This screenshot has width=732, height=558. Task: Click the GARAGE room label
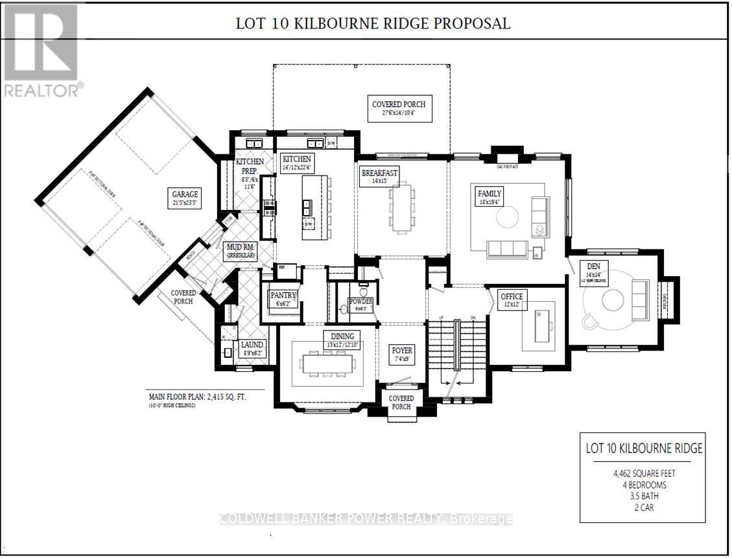[185, 194]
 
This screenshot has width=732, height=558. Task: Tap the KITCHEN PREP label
[250, 166]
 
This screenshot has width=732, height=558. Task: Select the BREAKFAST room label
[379, 172]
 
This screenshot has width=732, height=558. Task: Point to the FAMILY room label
[490, 194]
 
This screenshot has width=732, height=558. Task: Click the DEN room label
[593, 266]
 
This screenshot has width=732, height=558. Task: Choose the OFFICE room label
[512, 296]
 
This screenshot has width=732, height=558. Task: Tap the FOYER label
[402, 351]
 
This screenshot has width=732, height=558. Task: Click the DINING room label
[342, 336]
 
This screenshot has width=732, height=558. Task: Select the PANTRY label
[283, 296]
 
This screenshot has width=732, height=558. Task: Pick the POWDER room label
[360, 301]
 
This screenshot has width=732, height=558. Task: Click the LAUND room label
[252, 345]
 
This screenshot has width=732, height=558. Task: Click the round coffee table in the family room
[507, 216]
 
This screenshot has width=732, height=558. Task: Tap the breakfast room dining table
[401, 207]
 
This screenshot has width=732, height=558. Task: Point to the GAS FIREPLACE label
[509, 167]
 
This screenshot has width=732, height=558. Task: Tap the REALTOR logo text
[42, 89]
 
